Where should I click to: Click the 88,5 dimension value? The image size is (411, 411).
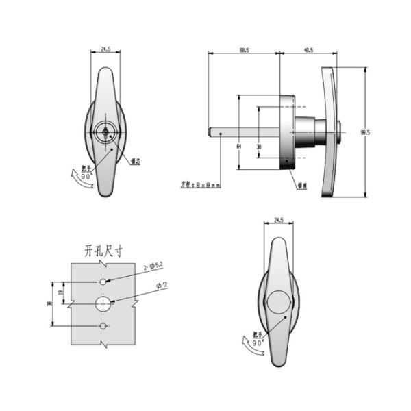244,49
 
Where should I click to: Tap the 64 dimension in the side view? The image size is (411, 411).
238,146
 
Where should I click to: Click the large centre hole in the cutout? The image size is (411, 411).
103,302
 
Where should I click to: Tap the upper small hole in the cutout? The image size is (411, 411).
103,282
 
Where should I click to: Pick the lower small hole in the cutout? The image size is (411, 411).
103,324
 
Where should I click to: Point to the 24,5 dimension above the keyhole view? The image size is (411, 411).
106,49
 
